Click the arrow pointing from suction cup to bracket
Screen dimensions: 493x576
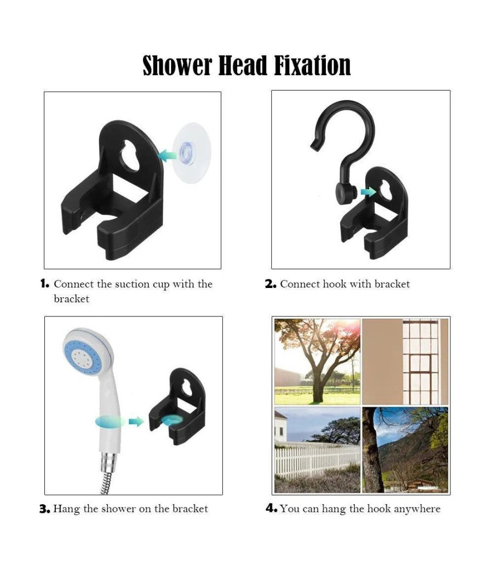click(168, 155)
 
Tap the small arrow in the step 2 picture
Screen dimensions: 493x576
click(368, 191)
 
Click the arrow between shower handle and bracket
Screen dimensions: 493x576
click(136, 422)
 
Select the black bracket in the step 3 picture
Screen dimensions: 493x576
click(177, 406)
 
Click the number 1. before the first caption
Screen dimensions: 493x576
click(45, 284)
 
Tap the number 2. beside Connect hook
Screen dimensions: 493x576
click(271, 284)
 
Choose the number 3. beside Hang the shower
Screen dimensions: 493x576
click(45, 509)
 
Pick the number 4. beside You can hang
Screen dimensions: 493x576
click(271, 509)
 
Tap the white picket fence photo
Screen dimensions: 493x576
click(317, 450)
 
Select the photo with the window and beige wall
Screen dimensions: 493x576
click(405, 362)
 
